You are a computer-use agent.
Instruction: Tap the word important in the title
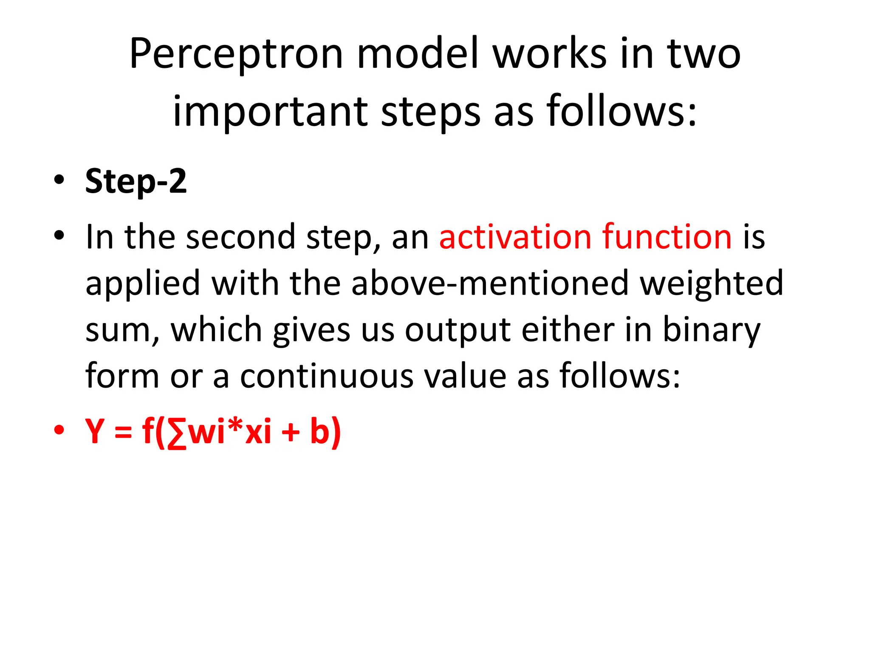(270, 112)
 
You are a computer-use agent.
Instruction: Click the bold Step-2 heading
(136, 182)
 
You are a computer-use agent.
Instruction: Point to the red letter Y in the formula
(95, 431)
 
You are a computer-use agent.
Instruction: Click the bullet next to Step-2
(59, 180)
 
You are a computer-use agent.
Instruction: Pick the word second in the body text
(240, 236)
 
